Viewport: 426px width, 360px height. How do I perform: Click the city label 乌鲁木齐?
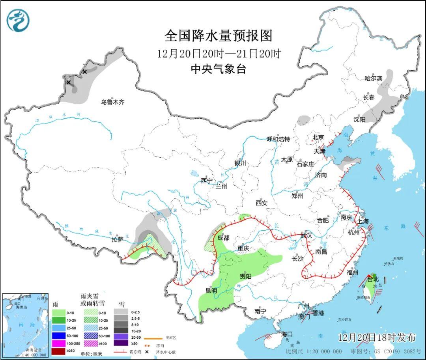(112, 102)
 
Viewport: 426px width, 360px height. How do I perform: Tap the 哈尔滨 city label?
(374, 78)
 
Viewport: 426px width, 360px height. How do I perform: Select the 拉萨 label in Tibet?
(117, 239)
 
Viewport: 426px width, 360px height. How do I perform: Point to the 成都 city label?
(223, 238)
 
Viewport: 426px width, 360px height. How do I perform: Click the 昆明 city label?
(211, 291)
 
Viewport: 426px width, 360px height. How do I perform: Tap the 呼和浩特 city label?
(278, 139)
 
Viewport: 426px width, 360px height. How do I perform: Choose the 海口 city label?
(287, 334)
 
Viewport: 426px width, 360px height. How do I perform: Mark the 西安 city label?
(261, 203)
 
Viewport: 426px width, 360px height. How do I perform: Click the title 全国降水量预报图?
(218, 36)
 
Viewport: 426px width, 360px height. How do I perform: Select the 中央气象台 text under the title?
(218, 69)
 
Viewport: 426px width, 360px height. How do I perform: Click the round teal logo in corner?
(18, 21)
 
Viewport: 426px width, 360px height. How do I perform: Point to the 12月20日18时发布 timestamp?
(377, 338)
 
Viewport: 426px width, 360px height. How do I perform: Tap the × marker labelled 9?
(69, 82)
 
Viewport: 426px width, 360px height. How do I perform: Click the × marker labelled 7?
(84, 72)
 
